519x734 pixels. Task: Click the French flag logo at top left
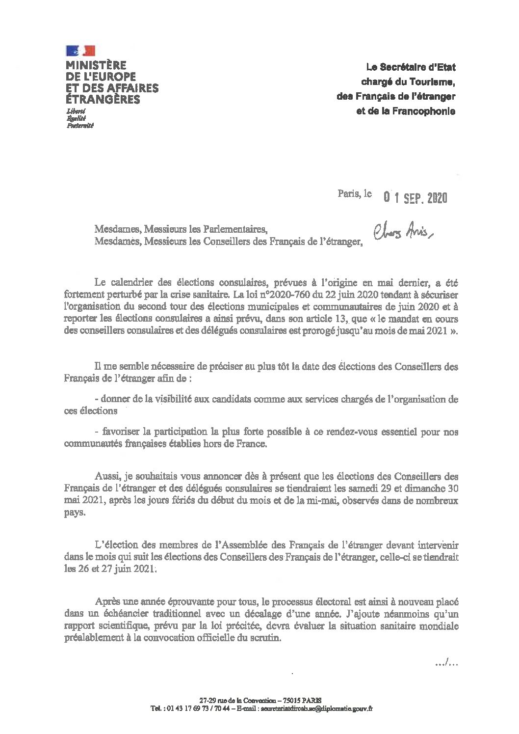pos(79,50)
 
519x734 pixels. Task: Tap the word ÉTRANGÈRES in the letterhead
pos(103,99)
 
